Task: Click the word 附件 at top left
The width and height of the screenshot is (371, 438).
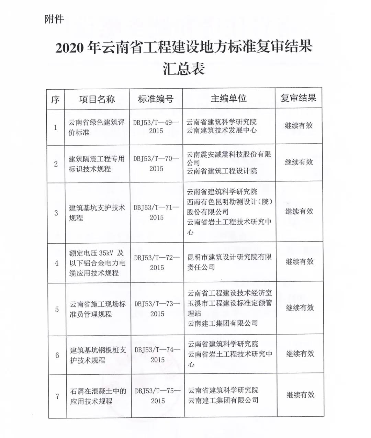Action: click(54, 19)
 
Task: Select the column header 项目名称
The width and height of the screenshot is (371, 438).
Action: click(97, 100)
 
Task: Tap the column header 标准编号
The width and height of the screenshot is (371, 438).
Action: click(156, 99)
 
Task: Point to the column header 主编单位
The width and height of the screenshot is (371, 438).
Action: click(228, 99)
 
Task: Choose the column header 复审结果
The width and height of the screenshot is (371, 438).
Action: click(298, 98)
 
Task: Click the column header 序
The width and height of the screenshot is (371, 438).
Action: click(55, 100)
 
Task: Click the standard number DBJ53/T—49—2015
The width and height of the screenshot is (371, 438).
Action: click(156, 126)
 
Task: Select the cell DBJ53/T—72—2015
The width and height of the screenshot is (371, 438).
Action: click(157, 262)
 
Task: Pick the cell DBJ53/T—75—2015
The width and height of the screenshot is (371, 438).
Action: click(158, 396)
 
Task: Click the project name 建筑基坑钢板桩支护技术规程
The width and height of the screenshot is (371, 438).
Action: click(98, 355)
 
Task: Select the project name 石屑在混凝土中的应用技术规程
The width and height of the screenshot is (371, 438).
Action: click(98, 396)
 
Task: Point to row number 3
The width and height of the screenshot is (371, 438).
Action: click(56, 213)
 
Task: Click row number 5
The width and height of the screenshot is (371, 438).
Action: click(57, 310)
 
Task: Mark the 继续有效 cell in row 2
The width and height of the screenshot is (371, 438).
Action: click(299, 162)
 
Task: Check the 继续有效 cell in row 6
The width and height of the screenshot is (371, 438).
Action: click(300, 354)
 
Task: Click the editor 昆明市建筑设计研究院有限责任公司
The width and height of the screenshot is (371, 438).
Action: click(229, 262)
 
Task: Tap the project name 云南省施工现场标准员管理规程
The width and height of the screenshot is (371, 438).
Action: click(98, 309)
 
